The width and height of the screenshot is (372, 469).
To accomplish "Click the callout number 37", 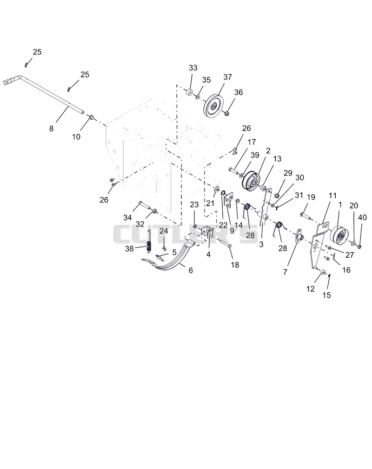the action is point(228,77).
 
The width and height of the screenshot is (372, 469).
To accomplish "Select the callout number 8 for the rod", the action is point(51,129).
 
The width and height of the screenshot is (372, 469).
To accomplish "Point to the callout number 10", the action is point(76,137).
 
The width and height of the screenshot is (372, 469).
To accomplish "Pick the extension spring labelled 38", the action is point(149,241).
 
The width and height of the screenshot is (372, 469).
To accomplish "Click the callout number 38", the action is point(129,248).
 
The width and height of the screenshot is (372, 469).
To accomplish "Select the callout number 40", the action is point(362,217).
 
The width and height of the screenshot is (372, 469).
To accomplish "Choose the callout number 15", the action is point(326,295).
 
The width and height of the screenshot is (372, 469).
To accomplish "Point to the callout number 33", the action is point(193,68).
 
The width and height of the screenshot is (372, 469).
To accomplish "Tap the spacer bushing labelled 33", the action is point(189,92).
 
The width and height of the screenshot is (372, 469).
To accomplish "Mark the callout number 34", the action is point(127,217).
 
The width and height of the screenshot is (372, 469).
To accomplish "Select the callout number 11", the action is point(332,196).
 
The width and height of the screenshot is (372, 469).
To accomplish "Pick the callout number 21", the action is point(210,203).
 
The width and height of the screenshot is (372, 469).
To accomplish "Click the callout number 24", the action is point(164,231).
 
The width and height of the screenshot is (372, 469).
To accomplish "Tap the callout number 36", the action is point(239,92).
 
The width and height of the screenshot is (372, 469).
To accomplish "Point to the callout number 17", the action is point(252,142).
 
